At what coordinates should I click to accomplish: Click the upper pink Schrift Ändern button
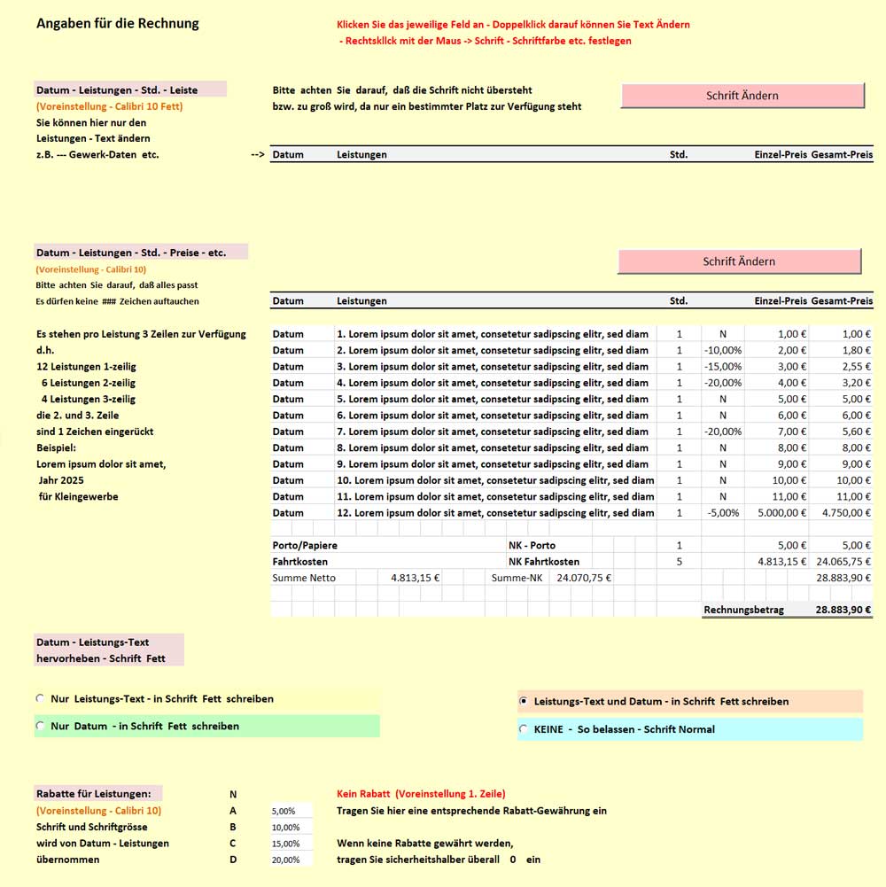tap(742, 96)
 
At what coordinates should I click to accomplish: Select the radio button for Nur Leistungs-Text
tap(40, 698)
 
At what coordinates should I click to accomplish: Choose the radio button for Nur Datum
tap(40, 726)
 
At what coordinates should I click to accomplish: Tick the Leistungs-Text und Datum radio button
tap(524, 701)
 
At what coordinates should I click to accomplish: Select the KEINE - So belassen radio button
tap(524, 729)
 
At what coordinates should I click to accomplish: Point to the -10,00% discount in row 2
tap(722, 350)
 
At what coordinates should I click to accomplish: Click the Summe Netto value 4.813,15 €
tap(415, 577)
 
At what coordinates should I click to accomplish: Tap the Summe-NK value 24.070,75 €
tap(583, 577)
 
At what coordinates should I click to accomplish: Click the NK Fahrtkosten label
tap(544, 561)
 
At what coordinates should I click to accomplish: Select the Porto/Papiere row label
tap(305, 545)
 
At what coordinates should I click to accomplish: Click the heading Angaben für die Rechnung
tap(118, 23)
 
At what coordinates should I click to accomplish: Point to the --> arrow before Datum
tap(258, 154)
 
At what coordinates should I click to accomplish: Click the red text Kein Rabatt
tap(365, 794)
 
